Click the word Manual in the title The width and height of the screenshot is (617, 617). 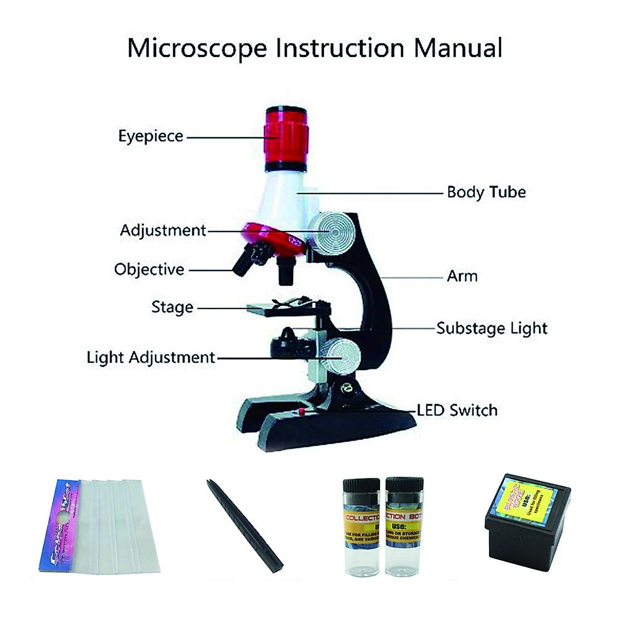click(458, 48)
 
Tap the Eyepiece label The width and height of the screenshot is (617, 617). click(151, 136)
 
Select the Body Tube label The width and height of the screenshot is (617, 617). click(486, 192)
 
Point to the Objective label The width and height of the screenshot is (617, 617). click(149, 269)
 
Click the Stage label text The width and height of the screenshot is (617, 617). click(172, 307)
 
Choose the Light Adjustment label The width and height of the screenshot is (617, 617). click(151, 357)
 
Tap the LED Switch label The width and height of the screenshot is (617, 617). click(457, 410)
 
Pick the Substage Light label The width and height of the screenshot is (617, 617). click(492, 329)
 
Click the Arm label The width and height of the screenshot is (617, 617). click(462, 276)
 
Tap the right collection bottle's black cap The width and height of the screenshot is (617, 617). click(404, 486)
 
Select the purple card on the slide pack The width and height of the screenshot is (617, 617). click(59, 524)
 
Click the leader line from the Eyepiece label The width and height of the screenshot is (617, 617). click(225, 137)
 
